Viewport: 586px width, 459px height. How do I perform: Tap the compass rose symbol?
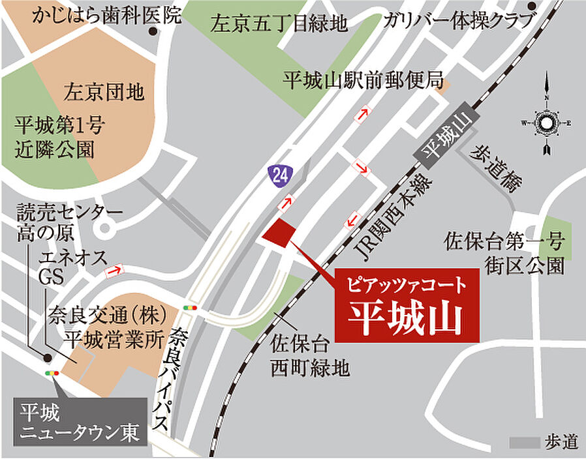coord(546,122)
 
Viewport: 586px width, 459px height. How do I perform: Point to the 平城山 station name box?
coord(448,134)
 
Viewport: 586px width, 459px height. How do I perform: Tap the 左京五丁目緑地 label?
coord(279,25)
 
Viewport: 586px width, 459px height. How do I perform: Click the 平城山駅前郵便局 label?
coord(363,81)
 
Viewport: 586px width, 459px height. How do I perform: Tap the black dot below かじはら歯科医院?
coord(153,31)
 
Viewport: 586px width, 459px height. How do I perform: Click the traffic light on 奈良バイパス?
coord(191,307)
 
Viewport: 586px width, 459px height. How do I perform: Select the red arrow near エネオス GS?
coord(115,270)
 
